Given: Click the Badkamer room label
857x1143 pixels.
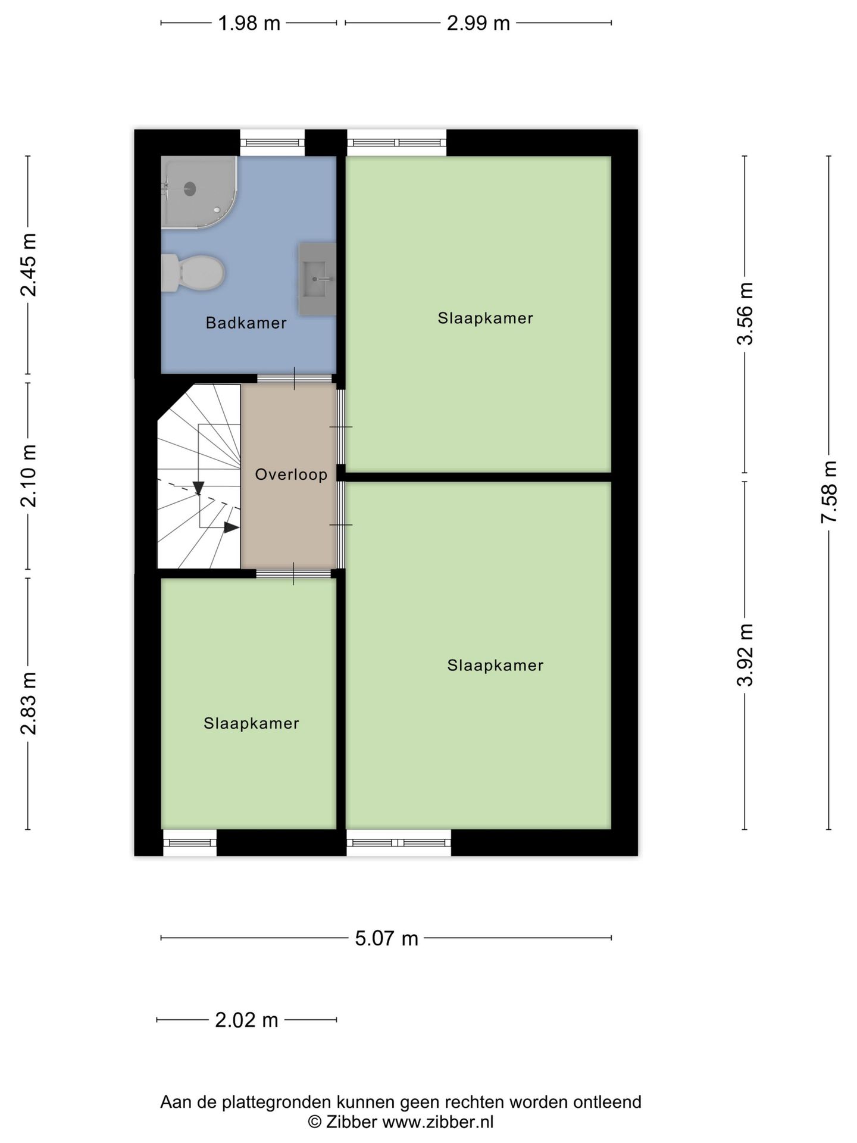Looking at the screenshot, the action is point(246,323).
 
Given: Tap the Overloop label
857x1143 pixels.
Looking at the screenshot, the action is point(291,474).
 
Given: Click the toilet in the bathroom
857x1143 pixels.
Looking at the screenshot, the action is point(193,273).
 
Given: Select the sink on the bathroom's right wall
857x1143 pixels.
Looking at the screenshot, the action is point(317,279).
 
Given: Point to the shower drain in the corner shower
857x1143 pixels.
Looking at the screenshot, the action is point(190,189).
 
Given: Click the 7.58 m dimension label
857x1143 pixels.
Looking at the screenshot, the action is point(828,492).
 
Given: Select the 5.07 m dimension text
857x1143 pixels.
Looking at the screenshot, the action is point(387,938).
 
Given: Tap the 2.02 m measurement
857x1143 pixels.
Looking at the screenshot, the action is point(246,1020).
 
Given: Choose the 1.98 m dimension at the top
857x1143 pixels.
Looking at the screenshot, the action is point(249,23).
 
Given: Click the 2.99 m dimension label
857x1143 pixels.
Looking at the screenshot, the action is point(478,23).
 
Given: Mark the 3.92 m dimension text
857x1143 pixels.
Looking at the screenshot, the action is point(745,655).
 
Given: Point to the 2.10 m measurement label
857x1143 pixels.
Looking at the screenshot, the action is point(28,476).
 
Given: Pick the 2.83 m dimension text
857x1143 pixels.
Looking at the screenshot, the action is point(28,703).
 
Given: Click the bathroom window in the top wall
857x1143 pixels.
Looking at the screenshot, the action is point(273,142).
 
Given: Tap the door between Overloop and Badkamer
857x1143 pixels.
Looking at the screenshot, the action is point(294,379).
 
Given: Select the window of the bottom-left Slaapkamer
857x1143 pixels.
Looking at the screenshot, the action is point(190,842).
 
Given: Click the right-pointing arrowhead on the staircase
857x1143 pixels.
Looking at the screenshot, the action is point(232,527).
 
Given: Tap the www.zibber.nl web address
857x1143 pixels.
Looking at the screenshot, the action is point(437,1122).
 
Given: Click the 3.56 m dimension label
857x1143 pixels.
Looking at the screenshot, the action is point(745,313).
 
